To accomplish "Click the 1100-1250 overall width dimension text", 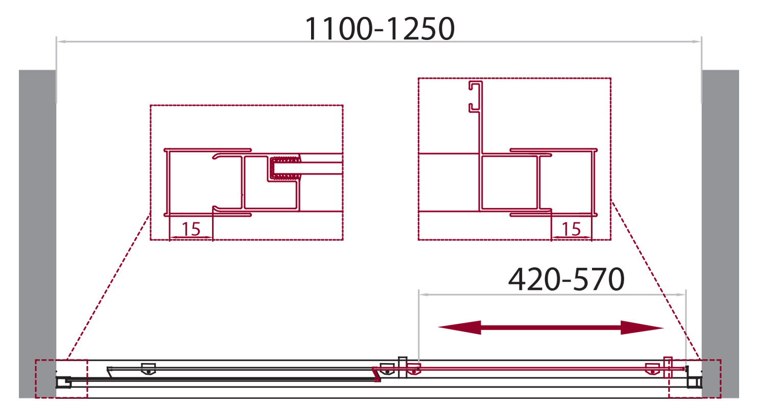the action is click(380, 29).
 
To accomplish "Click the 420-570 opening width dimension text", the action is click(566, 279).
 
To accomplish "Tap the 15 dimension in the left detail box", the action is click(191, 229).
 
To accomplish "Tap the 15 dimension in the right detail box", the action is click(572, 229).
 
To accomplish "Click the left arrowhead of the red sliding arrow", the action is click(460, 327).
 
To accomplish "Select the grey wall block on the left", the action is click(37, 234).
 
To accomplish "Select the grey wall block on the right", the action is click(720, 234).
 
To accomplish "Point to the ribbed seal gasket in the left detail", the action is click(285, 167).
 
